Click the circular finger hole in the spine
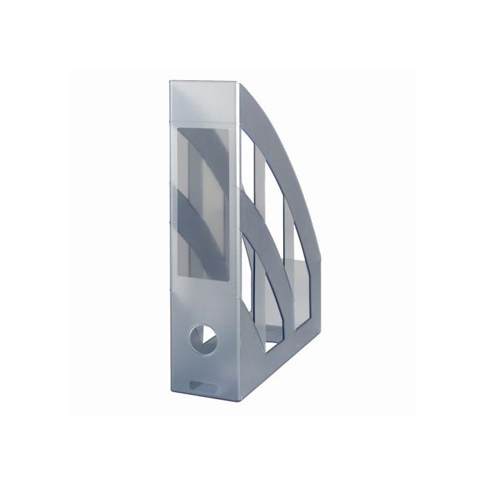[202, 337]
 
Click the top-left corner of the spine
[170, 82]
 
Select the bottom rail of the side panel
[277, 367]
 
